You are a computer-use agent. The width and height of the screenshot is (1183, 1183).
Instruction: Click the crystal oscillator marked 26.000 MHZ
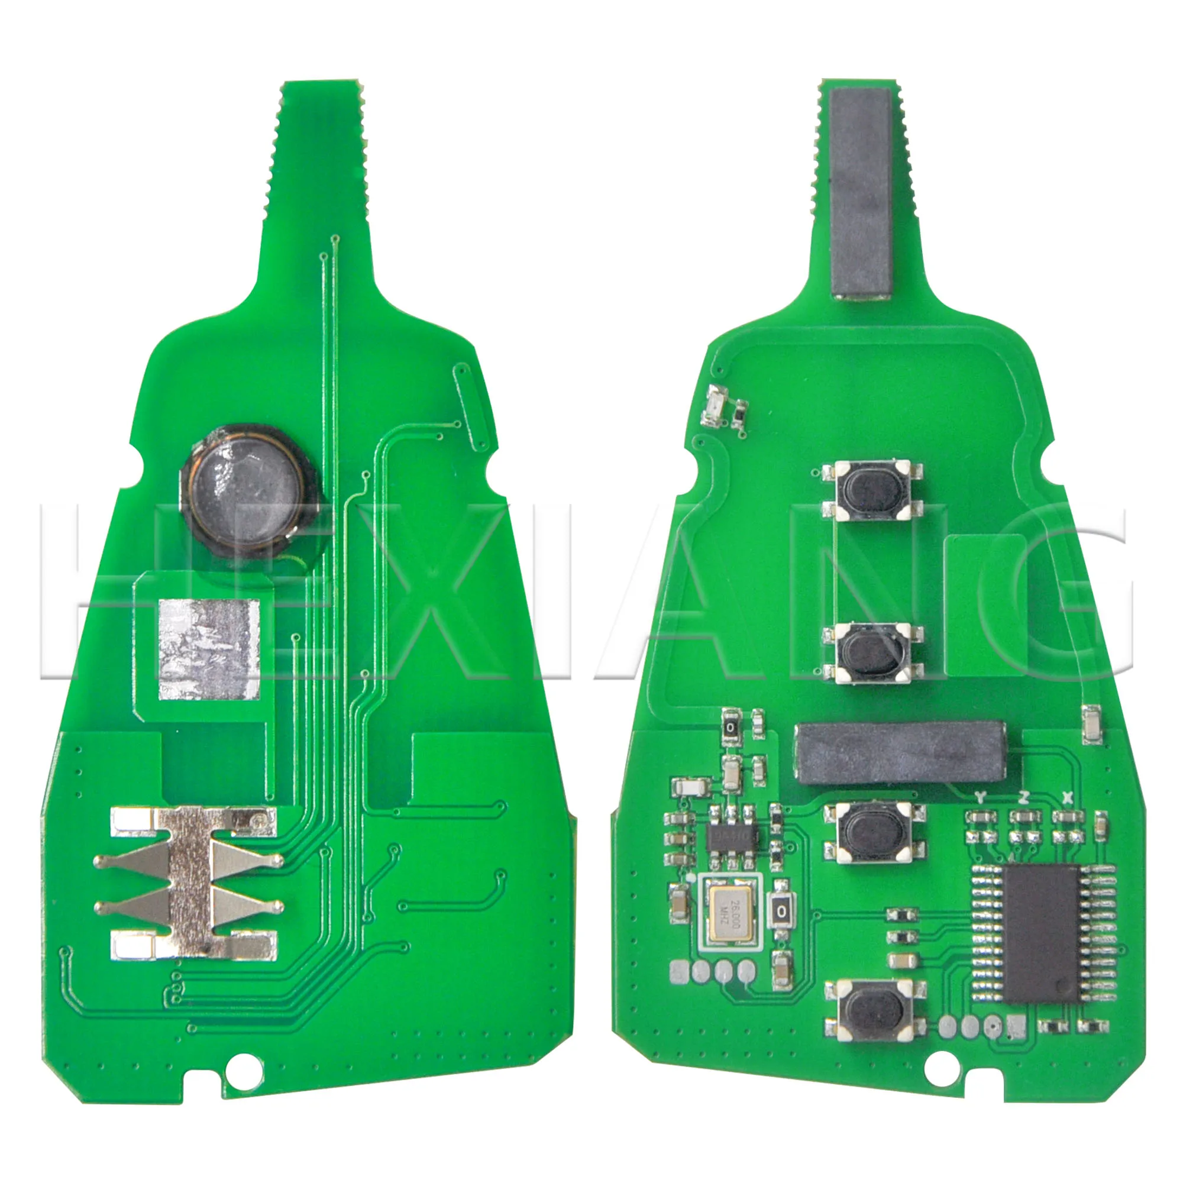(x=729, y=918)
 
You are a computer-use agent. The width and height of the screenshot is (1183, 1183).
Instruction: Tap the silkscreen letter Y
(x=980, y=797)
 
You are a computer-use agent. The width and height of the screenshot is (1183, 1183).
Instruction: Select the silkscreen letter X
(x=1068, y=797)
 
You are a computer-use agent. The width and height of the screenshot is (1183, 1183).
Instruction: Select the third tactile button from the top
(x=874, y=833)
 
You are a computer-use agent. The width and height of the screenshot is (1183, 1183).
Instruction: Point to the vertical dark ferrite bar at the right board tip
(x=860, y=193)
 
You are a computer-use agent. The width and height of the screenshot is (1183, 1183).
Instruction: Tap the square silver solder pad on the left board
(x=209, y=649)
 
